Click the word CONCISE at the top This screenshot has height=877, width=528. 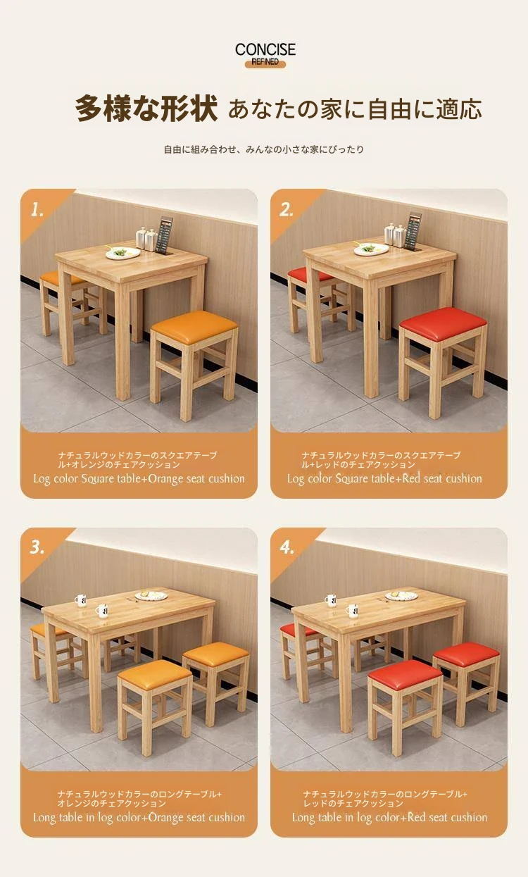click(265, 49)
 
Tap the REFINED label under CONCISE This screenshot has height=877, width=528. click(265, 62)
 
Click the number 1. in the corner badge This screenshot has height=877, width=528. click(37, 210)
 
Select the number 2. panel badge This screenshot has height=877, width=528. click(286, 210)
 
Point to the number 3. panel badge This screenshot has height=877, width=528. click(37, 547)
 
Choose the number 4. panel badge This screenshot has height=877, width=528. click(287, 547)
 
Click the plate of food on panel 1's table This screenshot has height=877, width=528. click(123, 252)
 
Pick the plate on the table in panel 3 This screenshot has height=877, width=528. click(151, 596)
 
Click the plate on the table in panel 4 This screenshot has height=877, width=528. click(401, 596)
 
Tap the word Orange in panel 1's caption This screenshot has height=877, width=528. click(165, 479)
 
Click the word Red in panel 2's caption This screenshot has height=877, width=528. click(411, 478)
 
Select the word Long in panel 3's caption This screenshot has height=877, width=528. click(44, 818)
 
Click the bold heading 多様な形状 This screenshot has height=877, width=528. click(146, 109)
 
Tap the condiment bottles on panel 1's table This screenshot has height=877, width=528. click(146, 239)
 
